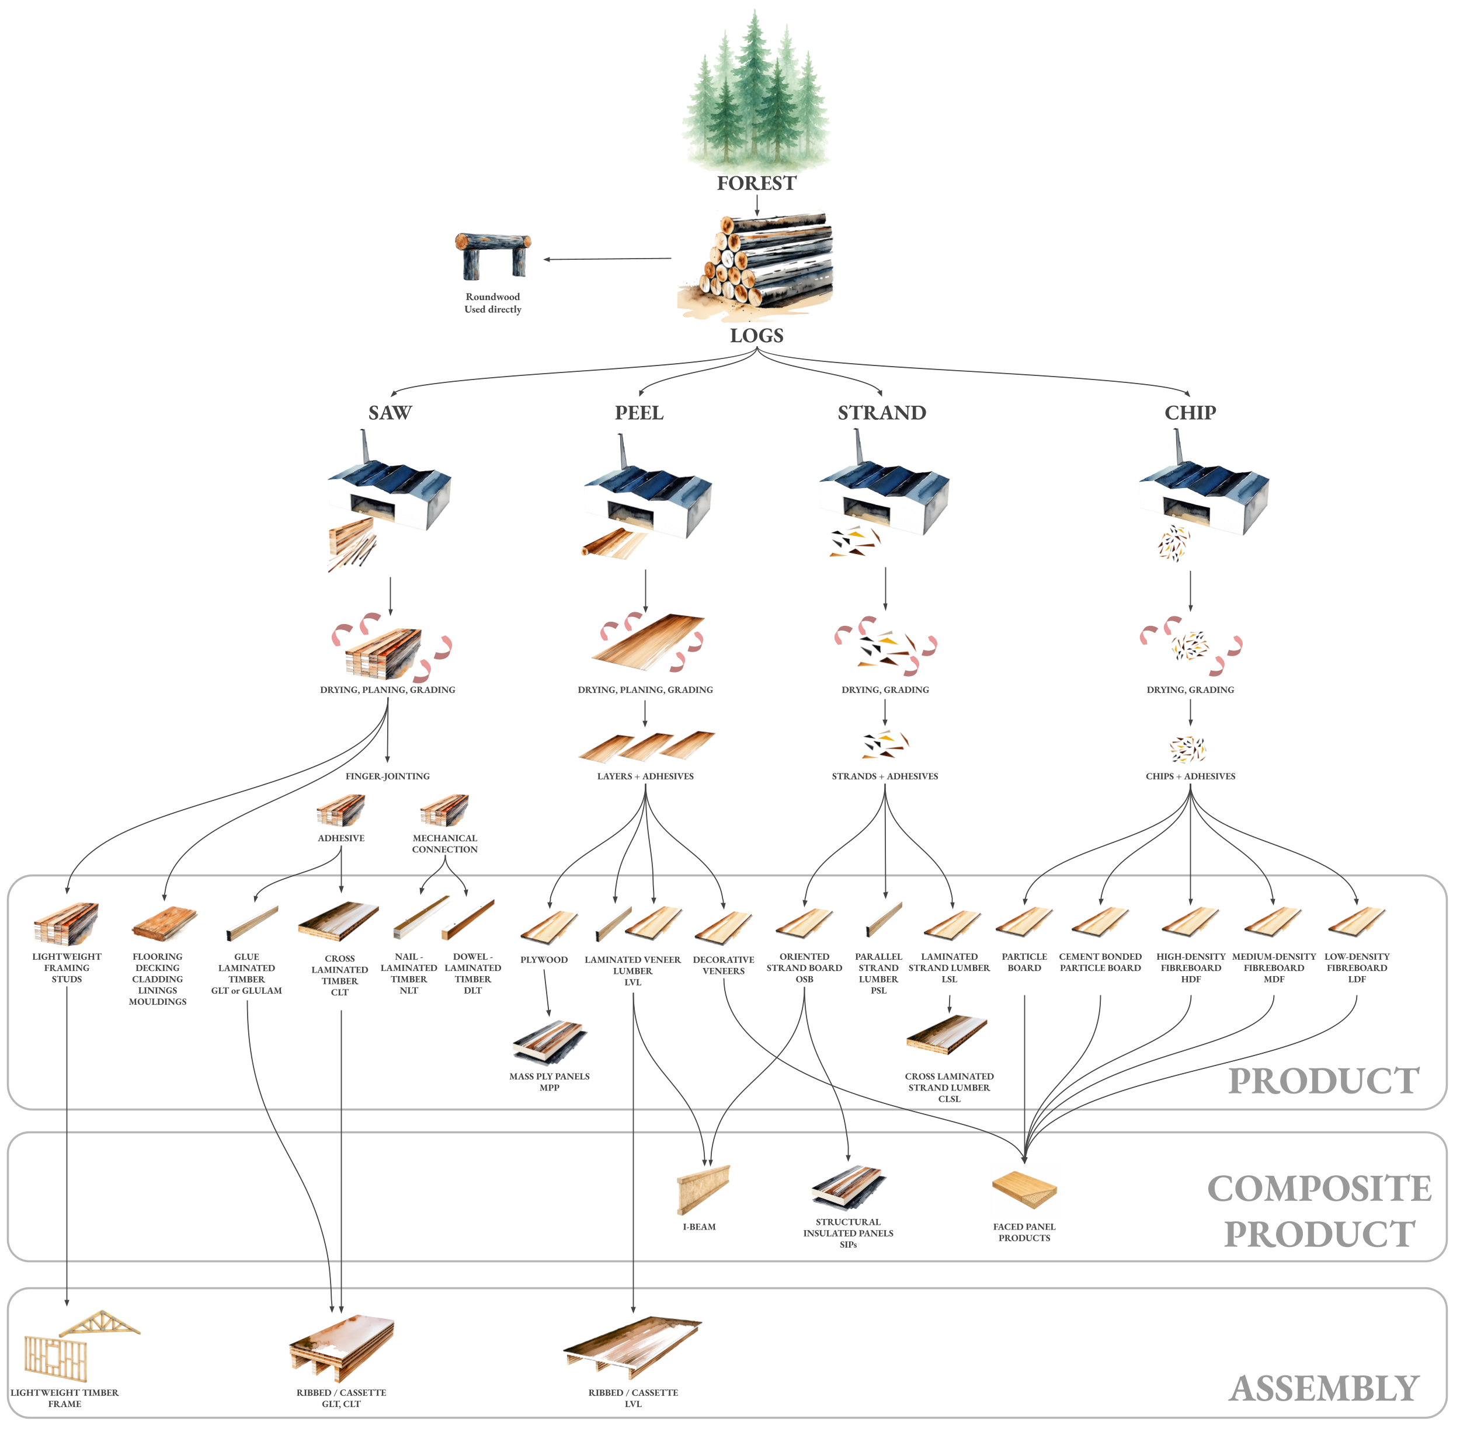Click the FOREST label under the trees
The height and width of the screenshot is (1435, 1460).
[x=756, y=183]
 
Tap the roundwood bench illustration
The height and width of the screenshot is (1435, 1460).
[x=493, y=255]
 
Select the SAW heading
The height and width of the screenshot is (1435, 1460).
[x=390, y=413]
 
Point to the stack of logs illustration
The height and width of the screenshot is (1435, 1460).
[x=757, y=264]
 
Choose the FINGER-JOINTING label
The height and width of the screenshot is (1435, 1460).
[x=387, y=776]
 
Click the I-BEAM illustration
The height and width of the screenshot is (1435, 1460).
[x=702, y=1189]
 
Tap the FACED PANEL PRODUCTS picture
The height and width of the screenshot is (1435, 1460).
[x=1024, y=1191]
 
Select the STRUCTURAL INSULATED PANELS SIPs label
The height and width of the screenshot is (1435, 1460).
[x=848, y=1233]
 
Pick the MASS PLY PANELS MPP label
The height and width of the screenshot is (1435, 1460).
[x=549, y=1082]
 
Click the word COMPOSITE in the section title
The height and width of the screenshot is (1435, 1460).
[x=1319, y=1189]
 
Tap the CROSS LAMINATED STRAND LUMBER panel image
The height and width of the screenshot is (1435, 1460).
[x=947, y=1035]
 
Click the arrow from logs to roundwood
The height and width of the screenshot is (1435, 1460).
[x=607, y=259]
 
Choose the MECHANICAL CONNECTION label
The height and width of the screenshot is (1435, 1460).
[x=444, y=844]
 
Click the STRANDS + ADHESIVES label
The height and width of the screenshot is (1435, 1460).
[x=884, y=776]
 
